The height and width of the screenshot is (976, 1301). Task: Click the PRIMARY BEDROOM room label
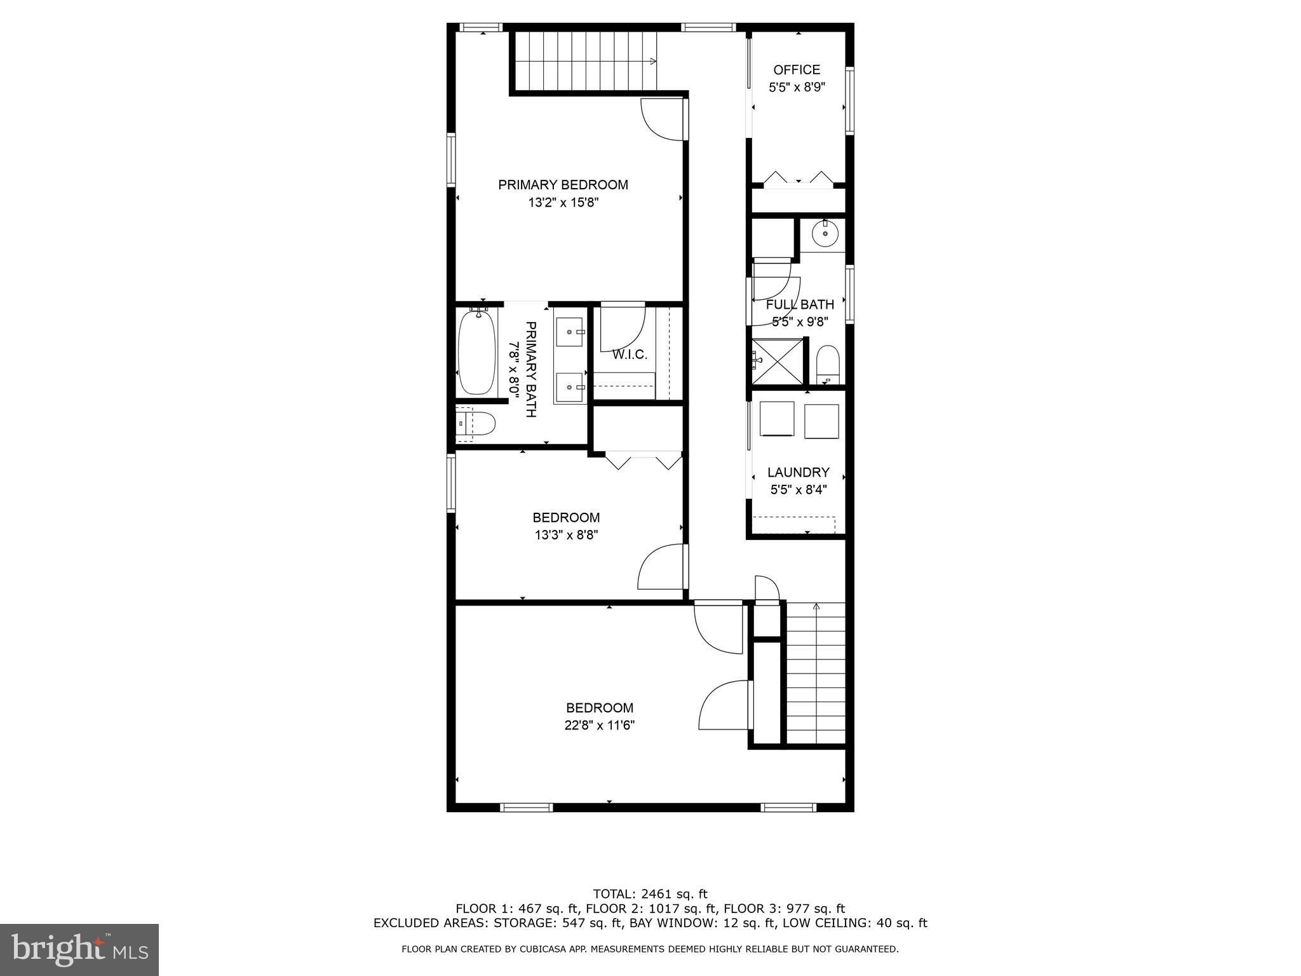tap(563, 185)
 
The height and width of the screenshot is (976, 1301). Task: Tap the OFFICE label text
tap(797, 70)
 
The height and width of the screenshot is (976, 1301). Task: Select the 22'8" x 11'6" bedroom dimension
tap(600, 726)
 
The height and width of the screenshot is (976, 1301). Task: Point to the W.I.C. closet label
tap(630, 355)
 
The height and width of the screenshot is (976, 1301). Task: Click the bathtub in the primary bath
tap(476, 352)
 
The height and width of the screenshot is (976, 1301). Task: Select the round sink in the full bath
tap(825, 234)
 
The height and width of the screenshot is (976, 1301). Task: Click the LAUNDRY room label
tap(798, 473)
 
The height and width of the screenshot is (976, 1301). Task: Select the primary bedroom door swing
tap(661, 121)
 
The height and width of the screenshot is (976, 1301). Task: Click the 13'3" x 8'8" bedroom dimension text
tap(566, 535)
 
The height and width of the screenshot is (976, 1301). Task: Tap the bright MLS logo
tap(79, 949)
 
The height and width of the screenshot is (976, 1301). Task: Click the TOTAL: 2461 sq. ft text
tap(650, 894)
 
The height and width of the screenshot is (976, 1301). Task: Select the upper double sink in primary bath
tap(570, 332)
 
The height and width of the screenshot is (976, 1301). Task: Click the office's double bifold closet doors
tap(798, 179)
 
